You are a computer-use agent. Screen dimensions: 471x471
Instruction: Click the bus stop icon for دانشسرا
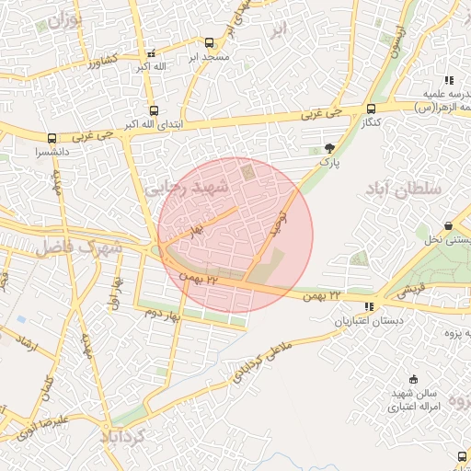click(52, 138)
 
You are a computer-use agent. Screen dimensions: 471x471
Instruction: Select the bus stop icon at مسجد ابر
click(209, 42)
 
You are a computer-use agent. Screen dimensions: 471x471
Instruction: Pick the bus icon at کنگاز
click(371, 108)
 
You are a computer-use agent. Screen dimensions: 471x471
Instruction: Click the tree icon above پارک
click(329, 147)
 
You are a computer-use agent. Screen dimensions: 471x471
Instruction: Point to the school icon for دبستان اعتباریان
click(369, 306)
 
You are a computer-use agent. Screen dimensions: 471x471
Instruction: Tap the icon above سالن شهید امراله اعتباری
click(413, 379)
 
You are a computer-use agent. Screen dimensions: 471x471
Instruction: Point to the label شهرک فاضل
click(79, 247)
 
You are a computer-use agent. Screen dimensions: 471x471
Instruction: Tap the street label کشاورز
click(103, 62)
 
